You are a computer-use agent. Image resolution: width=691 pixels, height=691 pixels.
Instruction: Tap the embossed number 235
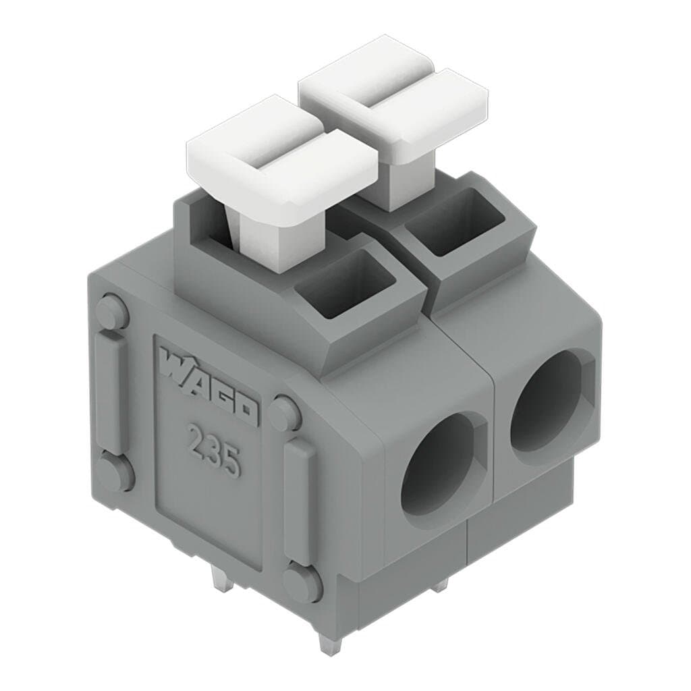coord(215,449)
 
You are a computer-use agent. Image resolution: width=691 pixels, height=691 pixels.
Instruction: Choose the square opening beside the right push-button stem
coord(455,221)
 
